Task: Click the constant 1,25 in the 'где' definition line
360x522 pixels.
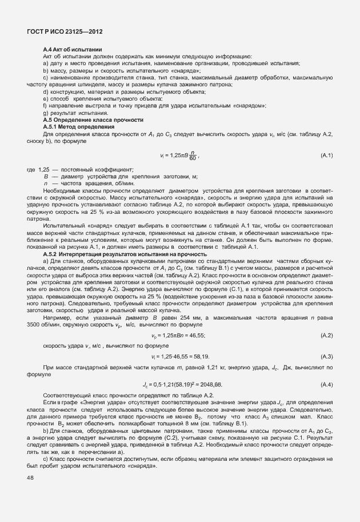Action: [43, 170]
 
